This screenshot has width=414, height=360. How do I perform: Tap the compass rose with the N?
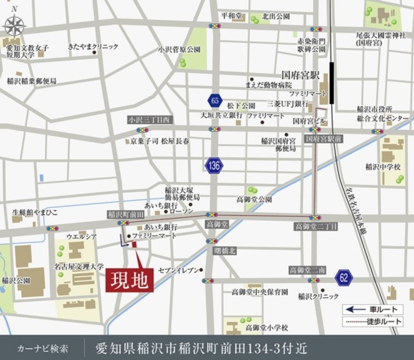click(15, 24)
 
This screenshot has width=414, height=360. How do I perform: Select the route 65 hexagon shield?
click(214, 101)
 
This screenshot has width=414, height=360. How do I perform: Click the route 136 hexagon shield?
click(214, 166)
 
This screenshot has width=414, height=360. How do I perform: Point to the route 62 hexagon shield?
click(344, 277)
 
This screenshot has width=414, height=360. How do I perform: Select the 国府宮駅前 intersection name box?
click(324, 138)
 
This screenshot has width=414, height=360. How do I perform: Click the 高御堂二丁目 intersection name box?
click(316, 226)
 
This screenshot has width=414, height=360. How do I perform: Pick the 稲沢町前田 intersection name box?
click(125, 214)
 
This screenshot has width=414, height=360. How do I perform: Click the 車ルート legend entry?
click(373, 309)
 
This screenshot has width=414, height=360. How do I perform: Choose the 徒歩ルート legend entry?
click(373, 322)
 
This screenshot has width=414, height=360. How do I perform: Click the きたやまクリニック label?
click(92, 46)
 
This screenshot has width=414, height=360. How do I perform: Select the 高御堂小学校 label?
click(266, 327)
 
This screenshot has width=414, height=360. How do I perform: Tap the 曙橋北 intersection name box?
click(225, 251)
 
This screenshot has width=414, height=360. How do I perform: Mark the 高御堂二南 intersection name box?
click(308, 270)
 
